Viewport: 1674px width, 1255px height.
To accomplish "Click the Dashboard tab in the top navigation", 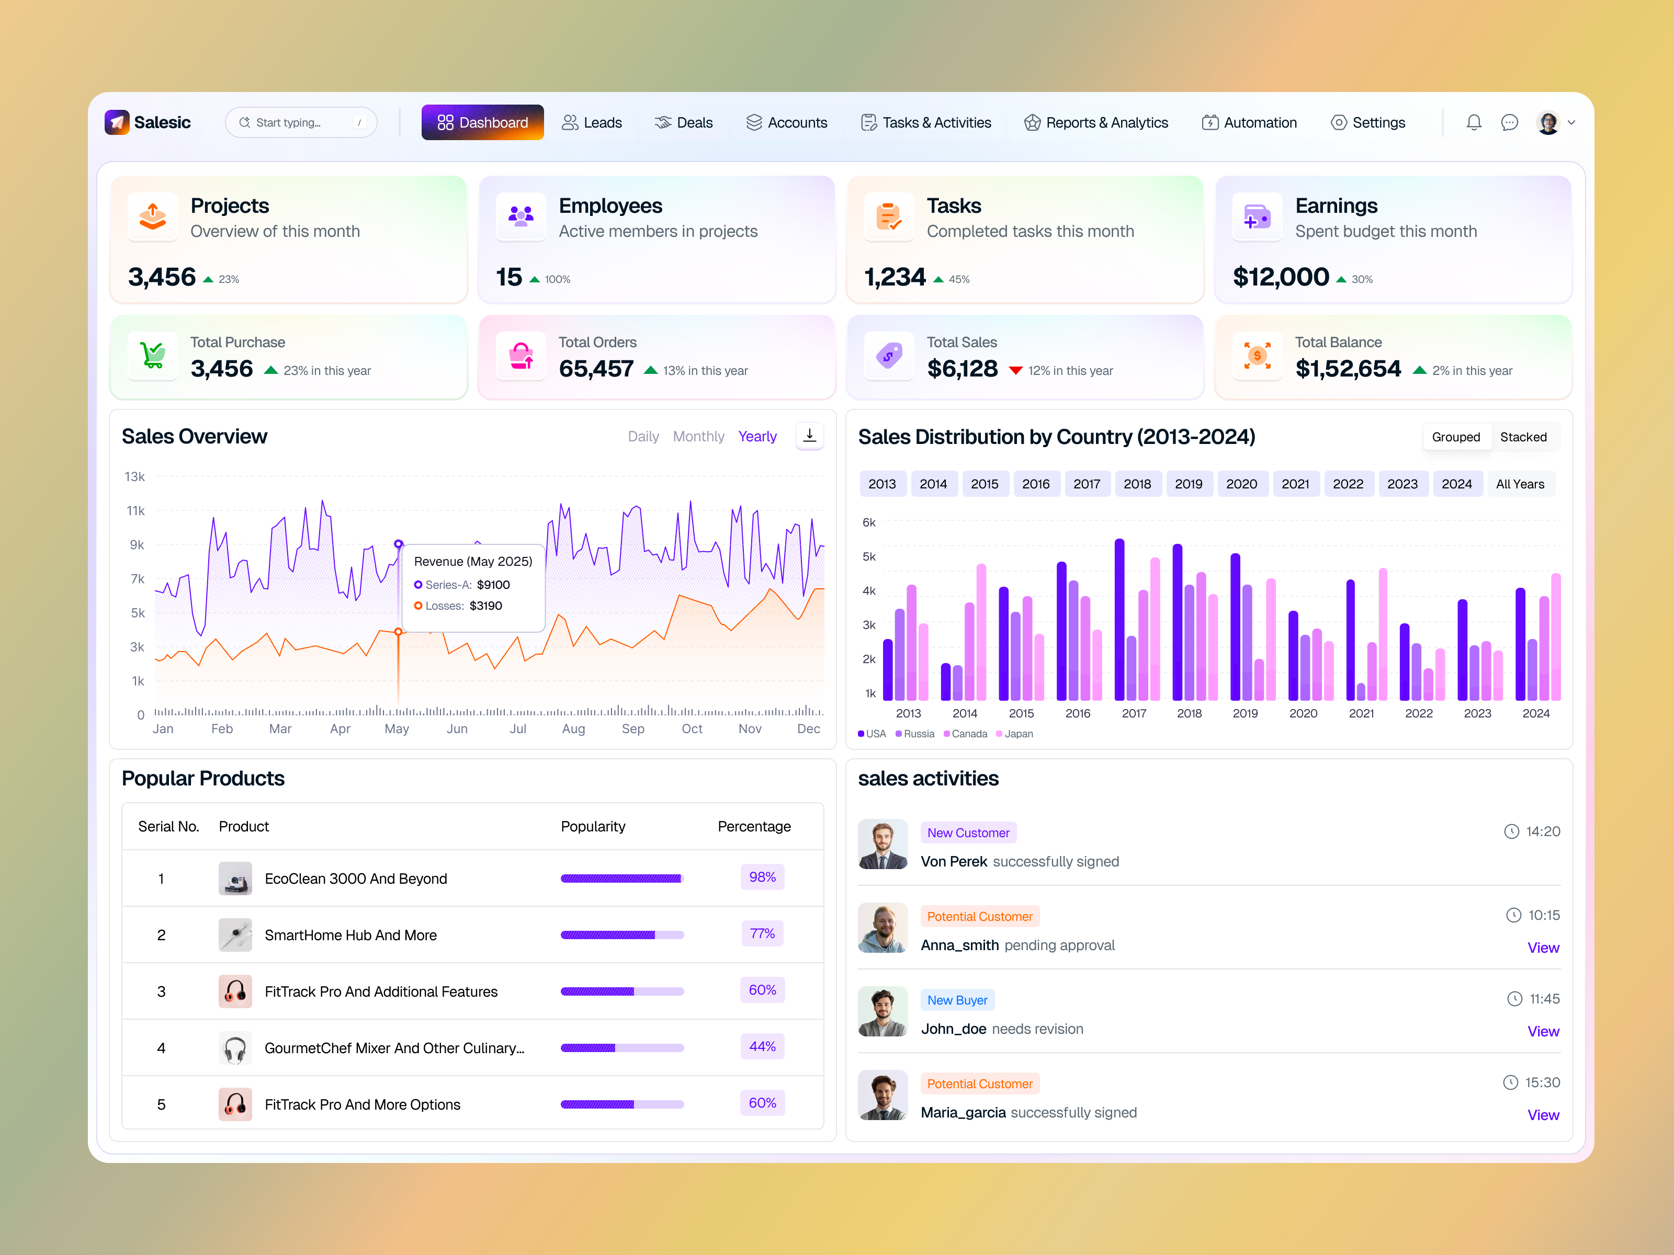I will pyautogui.click(x=482, y=122).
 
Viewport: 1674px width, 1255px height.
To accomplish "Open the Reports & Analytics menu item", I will pyautogui.click(x=1096, y=122).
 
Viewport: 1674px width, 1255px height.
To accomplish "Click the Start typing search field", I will pyautogui.click(x=300, y=122).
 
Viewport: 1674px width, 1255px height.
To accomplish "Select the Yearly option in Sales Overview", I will pyautogui.click(x=757, y=437).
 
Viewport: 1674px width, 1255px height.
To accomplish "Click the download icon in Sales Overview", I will pyautogui.click(x=809, y=436).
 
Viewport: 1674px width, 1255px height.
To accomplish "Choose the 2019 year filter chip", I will pyautogui.click(x=1188, y=484).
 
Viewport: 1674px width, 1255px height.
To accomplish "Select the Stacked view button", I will pyautogui.click(x=1523, y=437).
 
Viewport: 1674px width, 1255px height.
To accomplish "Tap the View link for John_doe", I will pyautogui.click(x=1542, y=1031).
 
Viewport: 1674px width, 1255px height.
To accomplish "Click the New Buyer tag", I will pyautogui.click(x=957, y=1000).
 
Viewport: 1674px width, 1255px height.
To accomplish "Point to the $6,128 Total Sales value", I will pyautogui.click(x=962, y=369).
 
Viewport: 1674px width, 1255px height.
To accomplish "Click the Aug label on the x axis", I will pyautogui.click(x=573, y=728).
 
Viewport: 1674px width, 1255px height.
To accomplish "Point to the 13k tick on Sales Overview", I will pyautogui.click(x=135, y=476).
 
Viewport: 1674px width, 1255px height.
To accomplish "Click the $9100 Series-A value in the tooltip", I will pyautogui.click(x=493, y=585).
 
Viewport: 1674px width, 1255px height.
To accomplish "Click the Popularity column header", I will pyautogui.click(x=593, y=826).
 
